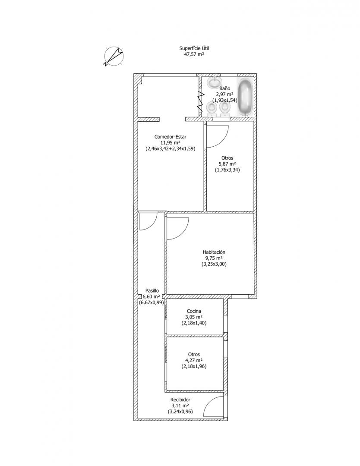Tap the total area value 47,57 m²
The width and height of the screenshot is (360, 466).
[196, 54]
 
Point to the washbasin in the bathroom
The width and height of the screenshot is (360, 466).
[215, 82]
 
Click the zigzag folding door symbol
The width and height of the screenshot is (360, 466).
[201, 101]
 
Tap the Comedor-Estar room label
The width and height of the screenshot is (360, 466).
[171, 137]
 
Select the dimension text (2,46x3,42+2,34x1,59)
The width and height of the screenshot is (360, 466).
[171, 149]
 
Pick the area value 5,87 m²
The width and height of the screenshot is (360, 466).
[227, 164]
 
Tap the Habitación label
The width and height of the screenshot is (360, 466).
[214, 252]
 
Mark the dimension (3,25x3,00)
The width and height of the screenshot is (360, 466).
[214, 264]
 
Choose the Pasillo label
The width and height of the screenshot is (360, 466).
[152, 291]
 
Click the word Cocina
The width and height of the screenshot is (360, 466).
[194, 311]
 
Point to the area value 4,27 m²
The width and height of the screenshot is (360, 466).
[194, 360]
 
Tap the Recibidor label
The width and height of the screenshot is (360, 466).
[180, 400]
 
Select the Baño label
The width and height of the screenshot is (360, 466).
[225, 88]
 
